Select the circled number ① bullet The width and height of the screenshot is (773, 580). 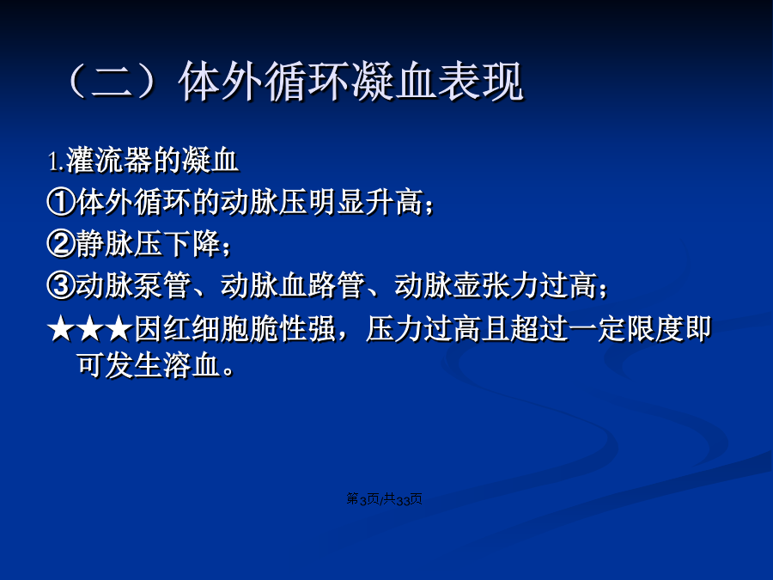61,202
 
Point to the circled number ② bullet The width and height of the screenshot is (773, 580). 61,244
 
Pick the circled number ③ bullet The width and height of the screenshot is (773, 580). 61,285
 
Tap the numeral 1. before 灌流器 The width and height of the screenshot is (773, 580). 56,162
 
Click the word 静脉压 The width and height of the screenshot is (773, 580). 119,244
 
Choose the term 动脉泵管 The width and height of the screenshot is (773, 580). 133,285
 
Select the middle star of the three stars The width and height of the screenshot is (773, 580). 90,329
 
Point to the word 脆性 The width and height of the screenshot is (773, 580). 278,329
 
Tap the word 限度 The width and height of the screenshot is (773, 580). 655,329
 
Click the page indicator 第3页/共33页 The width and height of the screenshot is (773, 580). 385,499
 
